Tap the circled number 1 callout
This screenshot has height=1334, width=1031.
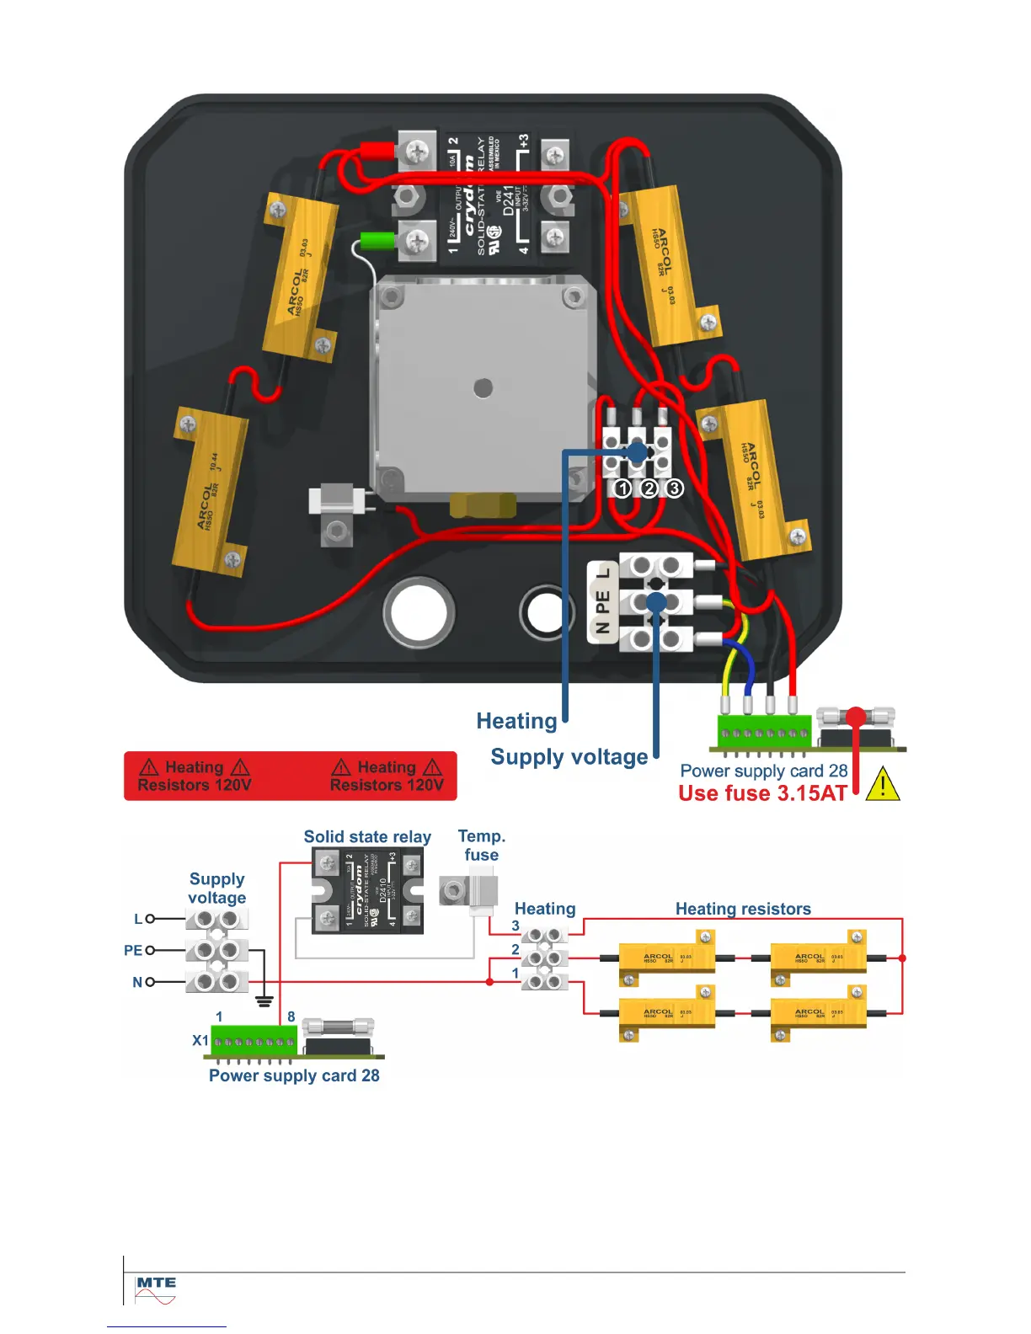click(x=622, y=488)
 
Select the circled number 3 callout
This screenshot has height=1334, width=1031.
click(x=675, y=488)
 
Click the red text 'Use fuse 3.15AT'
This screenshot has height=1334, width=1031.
click(x=762, y=793)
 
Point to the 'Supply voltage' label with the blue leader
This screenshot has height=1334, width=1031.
click(x=569, y=757)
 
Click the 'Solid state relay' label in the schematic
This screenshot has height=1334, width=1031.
click(x=367, y=837)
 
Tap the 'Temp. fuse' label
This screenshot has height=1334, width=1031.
click(x=481, y=846)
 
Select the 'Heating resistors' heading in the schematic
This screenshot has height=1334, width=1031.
click(x=743, y=909)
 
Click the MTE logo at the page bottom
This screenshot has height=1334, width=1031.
click(x=156, y=1289)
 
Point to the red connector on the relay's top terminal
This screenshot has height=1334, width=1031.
click(x=377, y=152)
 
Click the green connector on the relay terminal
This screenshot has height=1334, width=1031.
click(x=377, y=241)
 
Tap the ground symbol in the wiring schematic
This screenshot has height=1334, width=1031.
click(x=264, y=1001)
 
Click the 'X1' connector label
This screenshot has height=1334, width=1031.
click(x=200, y=1040)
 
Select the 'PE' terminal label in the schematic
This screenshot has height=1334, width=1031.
click(x=133, y=950)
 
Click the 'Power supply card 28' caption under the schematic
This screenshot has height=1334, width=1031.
click(x=294, y=1075)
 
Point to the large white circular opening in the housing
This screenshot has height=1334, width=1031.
click(x=419, y=612)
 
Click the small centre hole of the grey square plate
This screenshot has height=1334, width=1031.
click(x=483, y=387)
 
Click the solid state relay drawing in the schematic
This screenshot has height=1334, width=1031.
click(x=367, y=891)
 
